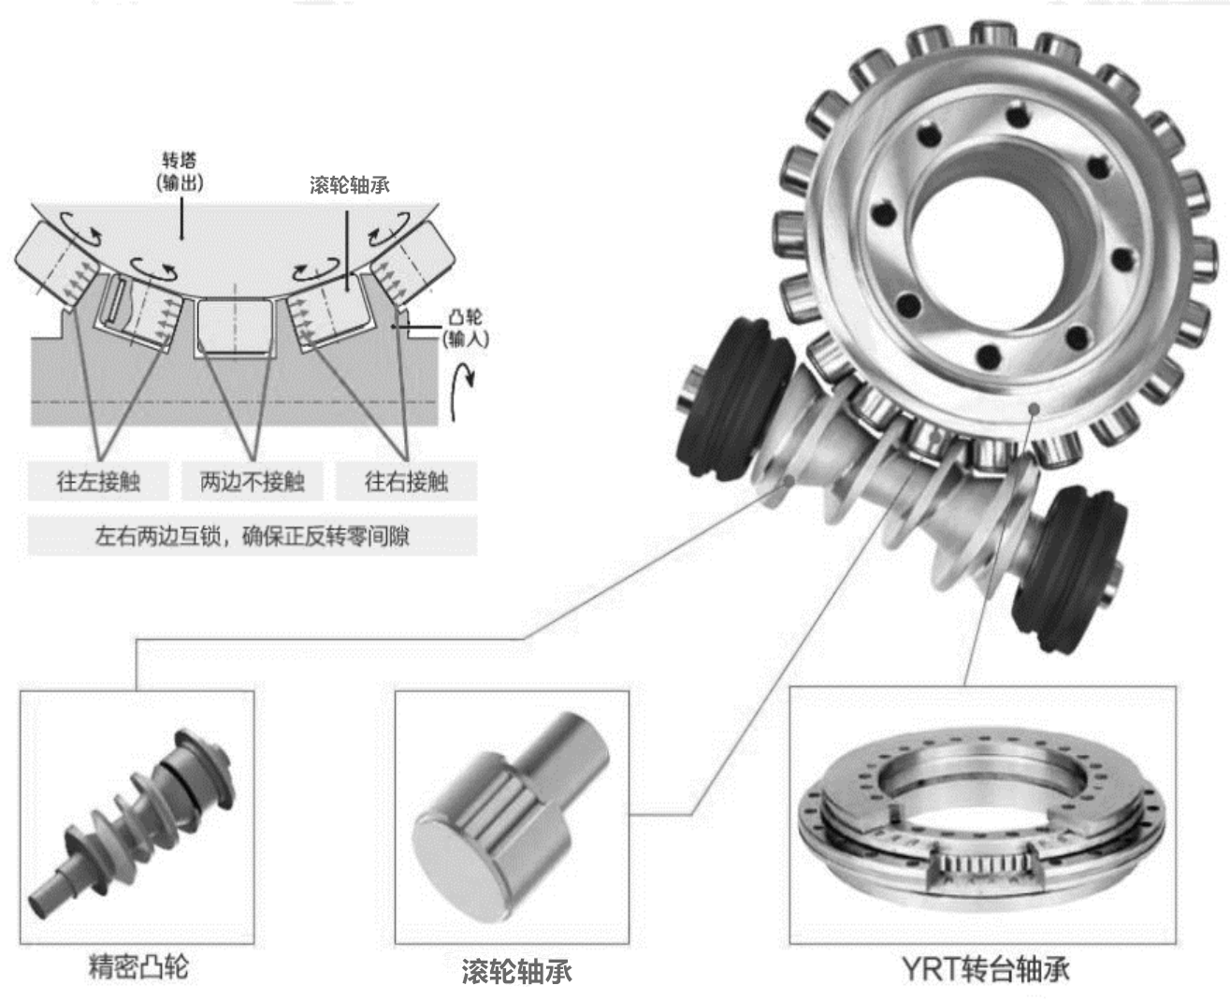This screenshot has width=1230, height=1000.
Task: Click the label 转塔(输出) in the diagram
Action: [x=180, y=172]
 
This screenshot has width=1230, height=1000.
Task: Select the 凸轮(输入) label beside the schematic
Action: [x=465, y=328]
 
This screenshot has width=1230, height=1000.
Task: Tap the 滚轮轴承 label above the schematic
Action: [x=350, y=185]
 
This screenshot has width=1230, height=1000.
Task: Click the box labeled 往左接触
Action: [x=98, y=482]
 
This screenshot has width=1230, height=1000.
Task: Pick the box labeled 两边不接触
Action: [x=253, y=482]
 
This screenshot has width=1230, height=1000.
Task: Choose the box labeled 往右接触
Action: [x=406, y=482]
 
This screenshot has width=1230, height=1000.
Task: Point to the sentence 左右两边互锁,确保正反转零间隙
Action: [x=253, y=537]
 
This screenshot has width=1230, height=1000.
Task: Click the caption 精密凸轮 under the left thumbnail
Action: [x=138, y=966]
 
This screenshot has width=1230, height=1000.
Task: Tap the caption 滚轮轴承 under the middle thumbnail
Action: [x=516, y=971]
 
